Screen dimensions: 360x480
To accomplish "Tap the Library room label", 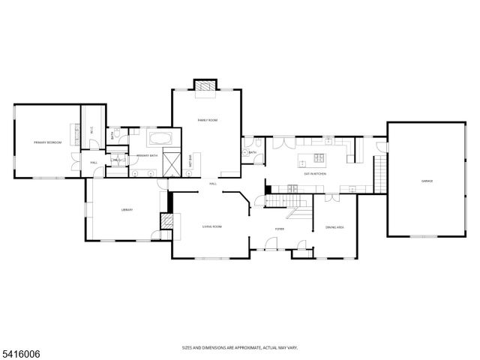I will tap(127, 210).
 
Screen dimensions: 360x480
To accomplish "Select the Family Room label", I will tap(207, 120).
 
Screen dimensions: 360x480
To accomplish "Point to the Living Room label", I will tap(212, 226).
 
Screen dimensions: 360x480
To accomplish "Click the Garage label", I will tap(427, 181).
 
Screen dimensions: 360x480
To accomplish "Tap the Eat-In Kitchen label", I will tap(315, 174).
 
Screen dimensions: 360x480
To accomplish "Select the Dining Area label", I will tap(334, 227).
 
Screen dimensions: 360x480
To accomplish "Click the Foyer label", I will tap(279, 228).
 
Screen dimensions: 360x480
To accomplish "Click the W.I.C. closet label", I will tap(92, 130).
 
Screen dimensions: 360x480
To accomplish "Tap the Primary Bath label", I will tap(146, 155).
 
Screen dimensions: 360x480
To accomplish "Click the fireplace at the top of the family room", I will tap(205, 86).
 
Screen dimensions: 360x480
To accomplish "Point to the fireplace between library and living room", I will tap(167, 223).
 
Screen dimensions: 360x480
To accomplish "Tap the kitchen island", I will tap(313, 158).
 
